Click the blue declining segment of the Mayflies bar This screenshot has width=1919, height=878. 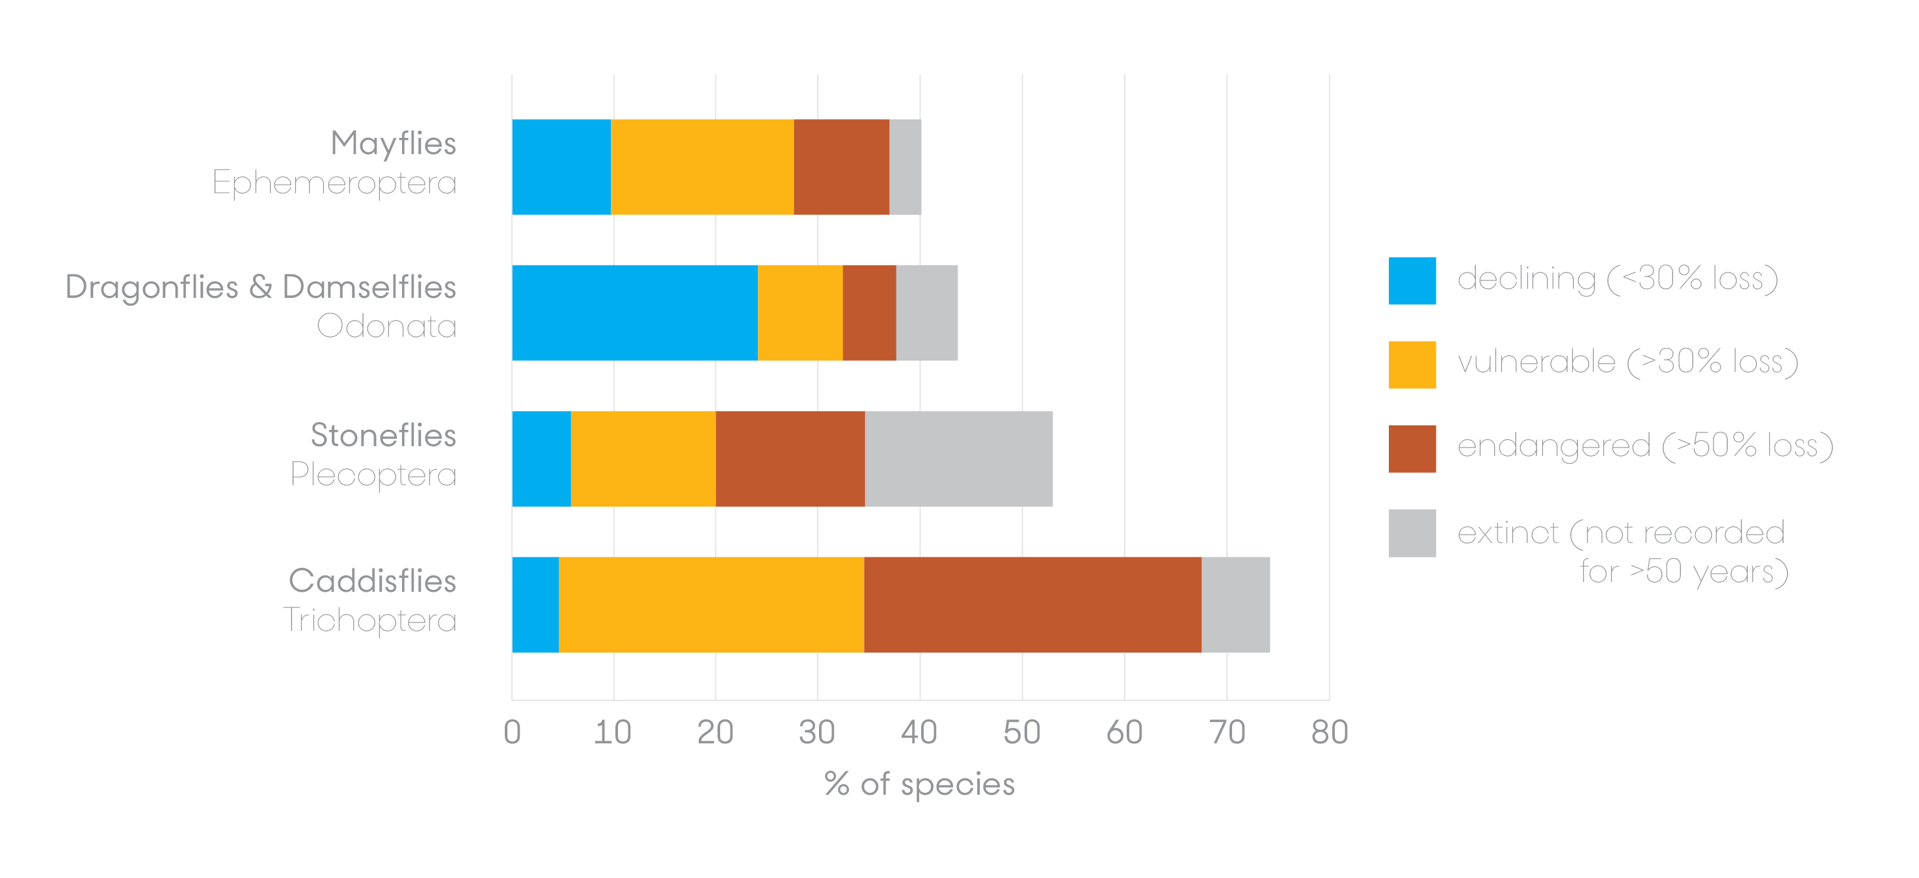click(561, 166)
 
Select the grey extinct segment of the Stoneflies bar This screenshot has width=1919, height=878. click(958, 459)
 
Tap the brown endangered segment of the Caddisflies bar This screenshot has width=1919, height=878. click(1032, 605)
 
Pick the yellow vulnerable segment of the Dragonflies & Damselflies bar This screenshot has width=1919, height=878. click(799, 313)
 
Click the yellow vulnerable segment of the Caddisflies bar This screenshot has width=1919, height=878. click(711, 605)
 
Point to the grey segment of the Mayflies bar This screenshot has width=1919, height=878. click(904, 166)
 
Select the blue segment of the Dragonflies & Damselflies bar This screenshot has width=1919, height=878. click(635, 313)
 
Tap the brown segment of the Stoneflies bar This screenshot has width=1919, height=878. click(790, 459)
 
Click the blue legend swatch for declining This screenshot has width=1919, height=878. click(1411, 281)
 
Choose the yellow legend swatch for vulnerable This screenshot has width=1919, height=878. click(1411, 365)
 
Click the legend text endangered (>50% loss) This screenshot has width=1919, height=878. click(1644, 446)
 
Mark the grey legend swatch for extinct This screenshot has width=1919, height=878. click(1411, 533)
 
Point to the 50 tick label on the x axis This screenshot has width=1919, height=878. click(1021, 733)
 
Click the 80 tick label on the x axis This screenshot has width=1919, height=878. click(1329, 733)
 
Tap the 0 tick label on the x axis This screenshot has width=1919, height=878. click(512, 733)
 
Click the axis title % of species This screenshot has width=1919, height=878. click(919, 784)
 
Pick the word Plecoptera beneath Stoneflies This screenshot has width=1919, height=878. click(373, 474)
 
